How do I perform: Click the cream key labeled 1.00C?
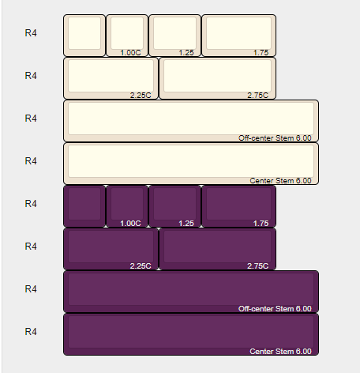[x=127, y=36]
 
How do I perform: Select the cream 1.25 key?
[x=174, y=36]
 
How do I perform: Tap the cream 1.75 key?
[x=238, y=36]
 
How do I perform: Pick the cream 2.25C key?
[x=111, y=78]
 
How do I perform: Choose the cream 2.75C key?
[x=218, y=78]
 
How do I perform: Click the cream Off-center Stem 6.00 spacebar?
[x=191, y=121]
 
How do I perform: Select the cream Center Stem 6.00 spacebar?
[x=191, y=164]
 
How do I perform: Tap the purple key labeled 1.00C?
[x=127, y=206]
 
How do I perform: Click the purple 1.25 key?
[x=174, y=206]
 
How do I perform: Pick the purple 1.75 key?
[x=238, y=206]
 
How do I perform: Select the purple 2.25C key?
[x=111, y=249]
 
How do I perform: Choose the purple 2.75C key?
[x=218, y=249]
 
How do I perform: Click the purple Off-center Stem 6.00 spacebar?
[x=191, y=292]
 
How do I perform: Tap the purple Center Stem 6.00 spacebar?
[x=191, y=334]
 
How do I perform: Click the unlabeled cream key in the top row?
[x=84, y=36]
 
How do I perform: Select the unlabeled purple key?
[x=84, y=206]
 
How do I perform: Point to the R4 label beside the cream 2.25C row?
[x=31, y=76]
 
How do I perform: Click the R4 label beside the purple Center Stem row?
[x=31, y=332]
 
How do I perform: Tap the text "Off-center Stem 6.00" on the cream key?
[x=275, y=138]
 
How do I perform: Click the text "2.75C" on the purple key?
[x=258, y=266]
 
